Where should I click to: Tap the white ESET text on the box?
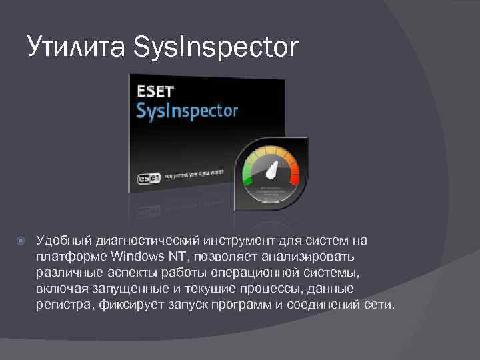point(156,91)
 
